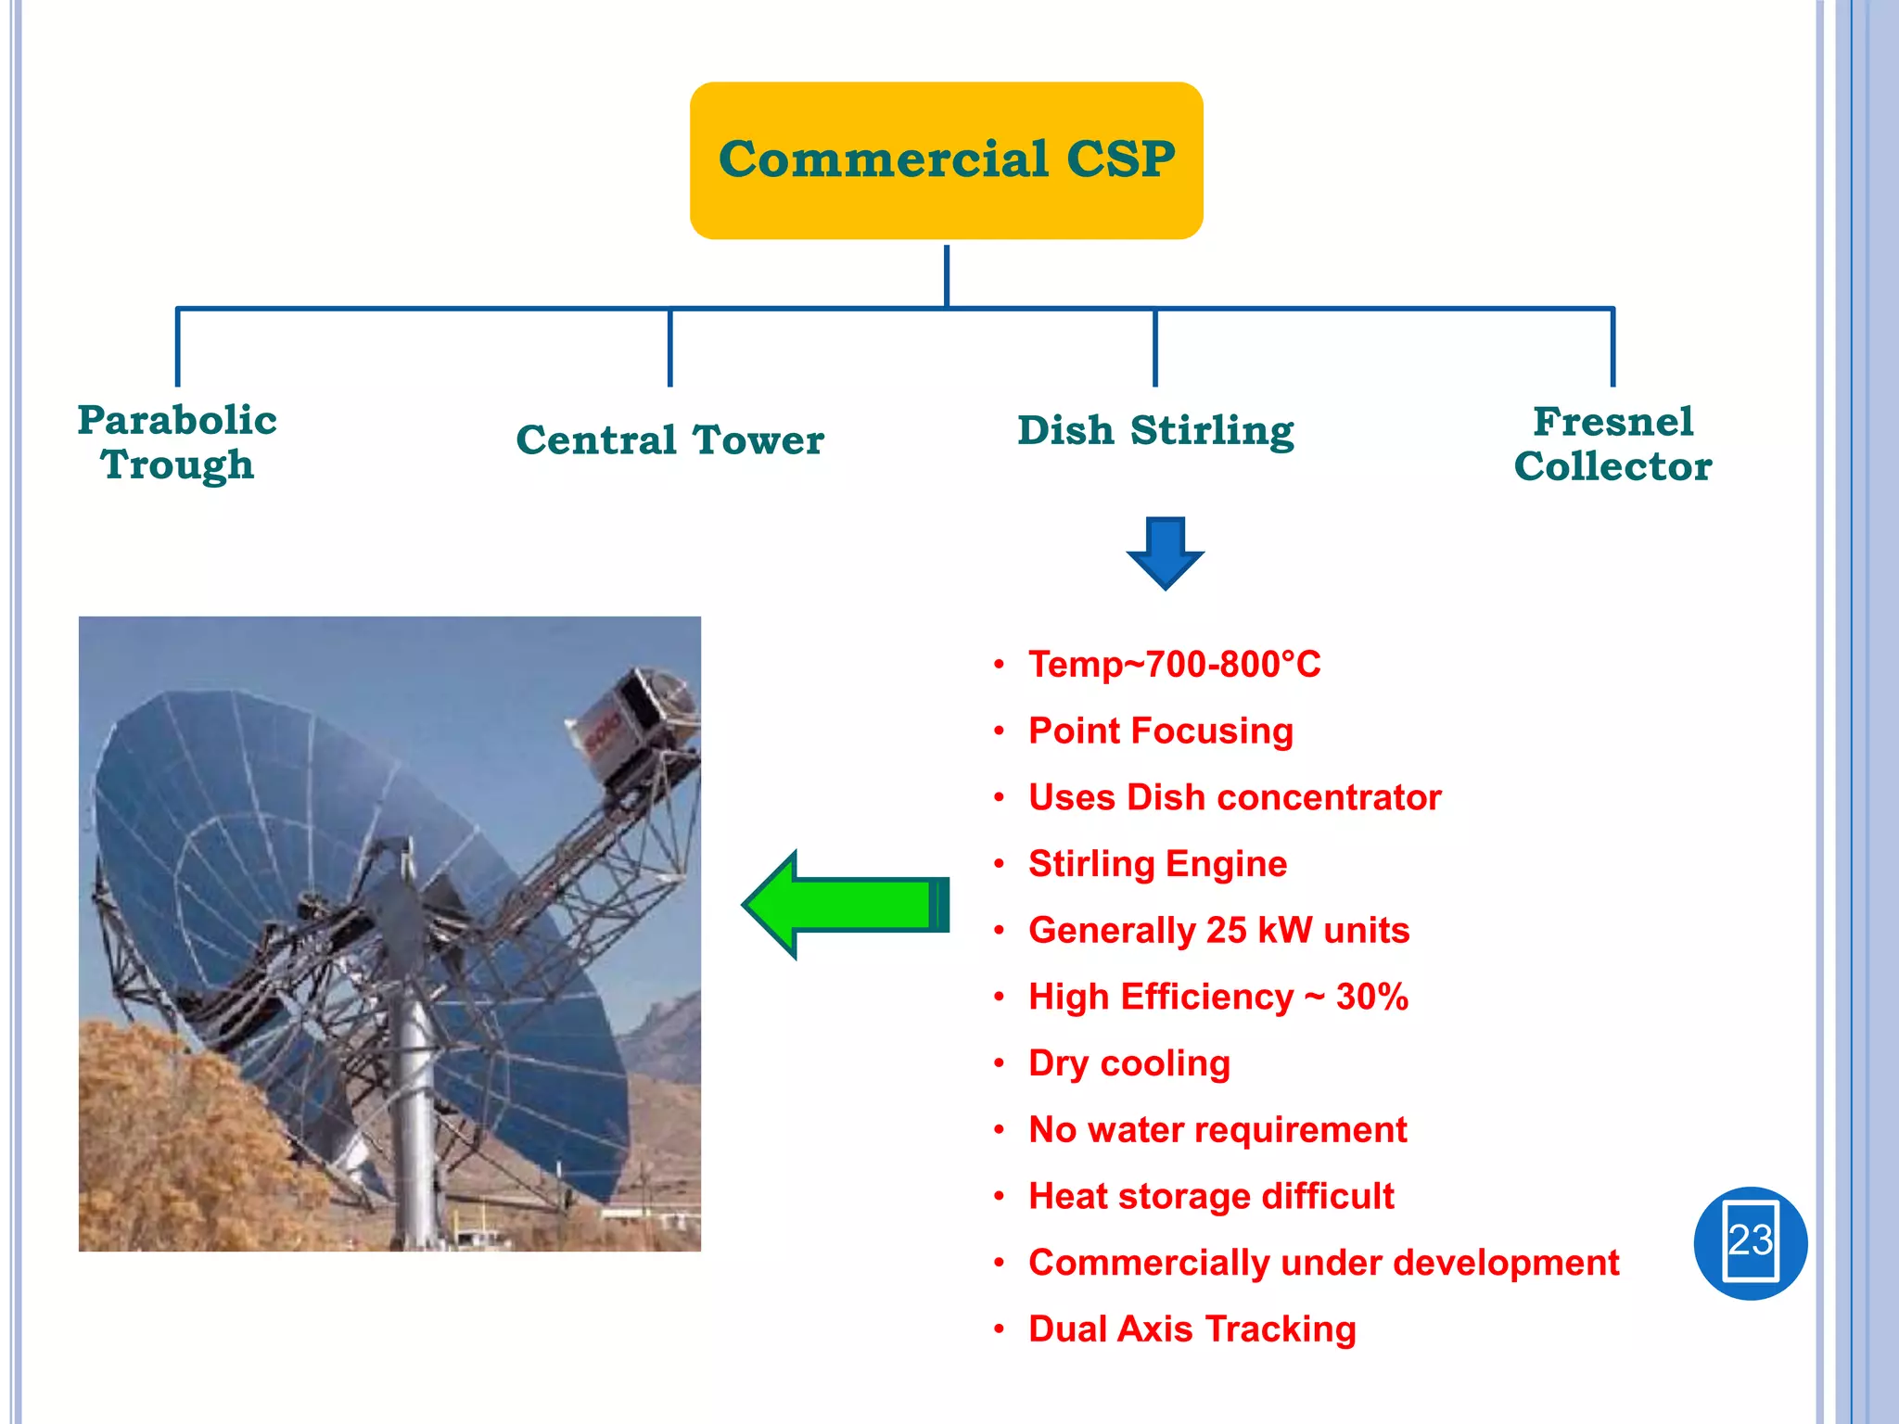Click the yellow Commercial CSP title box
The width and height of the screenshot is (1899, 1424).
tap(946, 159)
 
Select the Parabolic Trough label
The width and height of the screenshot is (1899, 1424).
tap(177, 442)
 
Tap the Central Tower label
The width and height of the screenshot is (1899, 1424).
tap(669, 439)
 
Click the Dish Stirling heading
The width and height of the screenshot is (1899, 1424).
tap(1155, 430)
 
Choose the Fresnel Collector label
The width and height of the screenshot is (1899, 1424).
tap(1612, 443)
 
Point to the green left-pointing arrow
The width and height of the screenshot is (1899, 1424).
tap(846, 904)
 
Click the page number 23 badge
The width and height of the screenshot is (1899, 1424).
tap(1750, 1242)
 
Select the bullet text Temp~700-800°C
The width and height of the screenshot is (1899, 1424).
tap(1174, 665)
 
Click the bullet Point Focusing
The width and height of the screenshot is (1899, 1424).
tap(1160, 731)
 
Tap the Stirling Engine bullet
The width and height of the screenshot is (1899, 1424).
tap(1157, 864)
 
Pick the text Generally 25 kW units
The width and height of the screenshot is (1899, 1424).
tap(1218, 931)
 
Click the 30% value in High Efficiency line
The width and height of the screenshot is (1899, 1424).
tap(1371, 998)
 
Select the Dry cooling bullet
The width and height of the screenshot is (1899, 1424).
tap(1128, 1063)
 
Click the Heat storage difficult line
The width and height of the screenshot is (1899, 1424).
tap(1210, 1197)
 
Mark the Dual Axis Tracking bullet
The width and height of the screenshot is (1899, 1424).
tap(1192, 1329)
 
